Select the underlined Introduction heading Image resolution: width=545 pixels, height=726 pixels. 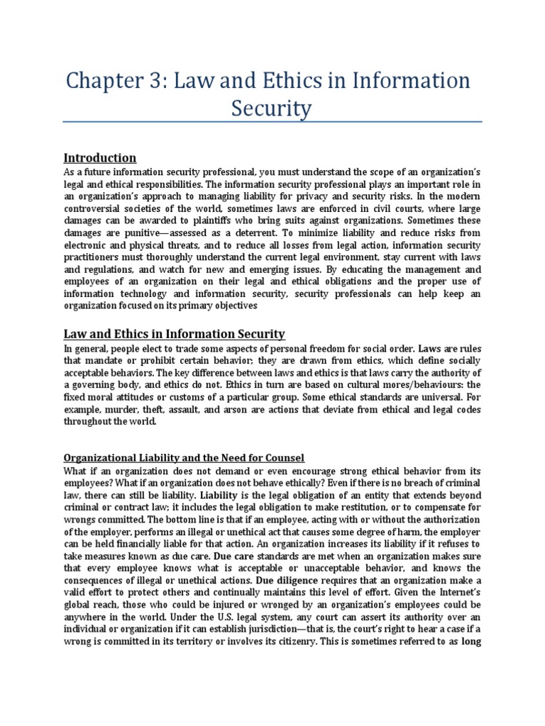(x=100, y=157)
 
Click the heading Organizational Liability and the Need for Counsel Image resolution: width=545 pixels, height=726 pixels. (x=184, y=457)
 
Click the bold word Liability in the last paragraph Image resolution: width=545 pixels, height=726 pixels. (x=221, y=495)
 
